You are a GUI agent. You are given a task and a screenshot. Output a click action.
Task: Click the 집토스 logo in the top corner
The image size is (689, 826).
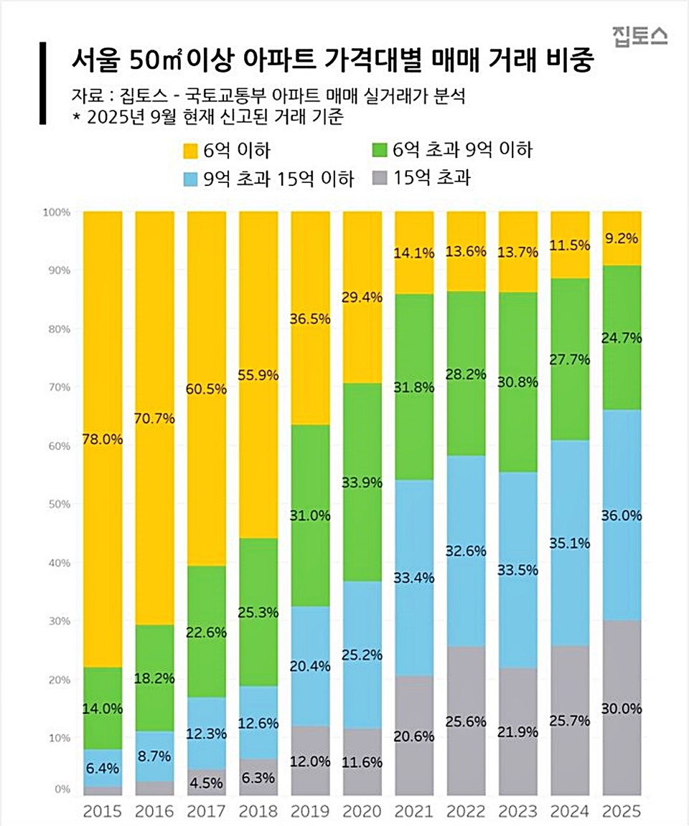639,34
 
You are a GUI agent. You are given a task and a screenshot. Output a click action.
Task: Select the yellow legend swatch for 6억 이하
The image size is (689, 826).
190,151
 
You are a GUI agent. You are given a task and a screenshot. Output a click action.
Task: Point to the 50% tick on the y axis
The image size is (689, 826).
57,504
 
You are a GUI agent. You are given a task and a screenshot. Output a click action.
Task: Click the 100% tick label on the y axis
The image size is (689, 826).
55,212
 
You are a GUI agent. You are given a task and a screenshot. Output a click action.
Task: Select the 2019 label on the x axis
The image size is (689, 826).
311,812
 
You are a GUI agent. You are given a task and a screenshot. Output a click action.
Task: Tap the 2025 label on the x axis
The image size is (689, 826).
622,812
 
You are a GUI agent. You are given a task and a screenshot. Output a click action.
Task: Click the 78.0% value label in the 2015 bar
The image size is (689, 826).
103,439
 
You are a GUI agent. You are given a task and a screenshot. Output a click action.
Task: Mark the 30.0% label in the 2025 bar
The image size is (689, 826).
622,709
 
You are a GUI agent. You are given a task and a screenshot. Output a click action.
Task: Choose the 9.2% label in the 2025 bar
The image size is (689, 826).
622,238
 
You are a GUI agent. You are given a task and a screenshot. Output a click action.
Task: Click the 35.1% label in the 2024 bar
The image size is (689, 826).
570,543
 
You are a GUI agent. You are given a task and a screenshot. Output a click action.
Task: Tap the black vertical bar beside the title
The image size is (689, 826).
43,83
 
